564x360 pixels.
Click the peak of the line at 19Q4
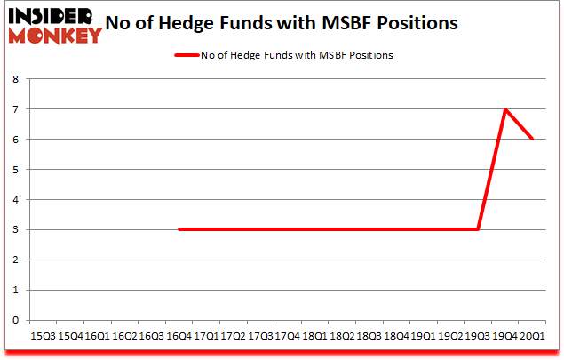pyautogui.click(x=505, y=109)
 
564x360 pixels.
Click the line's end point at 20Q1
pyautogui.click(x=532, y=139)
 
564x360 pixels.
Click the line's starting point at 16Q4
pyautogui.click(x=179, y=229)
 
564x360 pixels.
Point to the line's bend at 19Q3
pyautogui.click(x=478, y=229)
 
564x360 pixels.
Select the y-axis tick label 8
pyautogui.click(x=17, y=79)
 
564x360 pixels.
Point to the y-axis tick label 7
pyautogui.click(x=17, y=109)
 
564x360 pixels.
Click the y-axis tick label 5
pyautogui.click(x=17, y=169)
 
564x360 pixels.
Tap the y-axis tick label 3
pyautogui.click(x=17, y=229)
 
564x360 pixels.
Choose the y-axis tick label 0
pyautogui.click(x=17, y=320)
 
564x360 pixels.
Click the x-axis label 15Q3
pyautogui.click(x=42, y=336)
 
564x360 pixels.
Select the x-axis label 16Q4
pyautogui.click(x=179, y=336)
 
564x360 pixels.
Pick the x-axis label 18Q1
pyautogui.click(x=314, y=336)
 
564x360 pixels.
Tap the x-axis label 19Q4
pyautogui.click(x=505, y=336)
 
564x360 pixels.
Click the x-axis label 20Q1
pyautogui.click(x=532, y=336)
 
